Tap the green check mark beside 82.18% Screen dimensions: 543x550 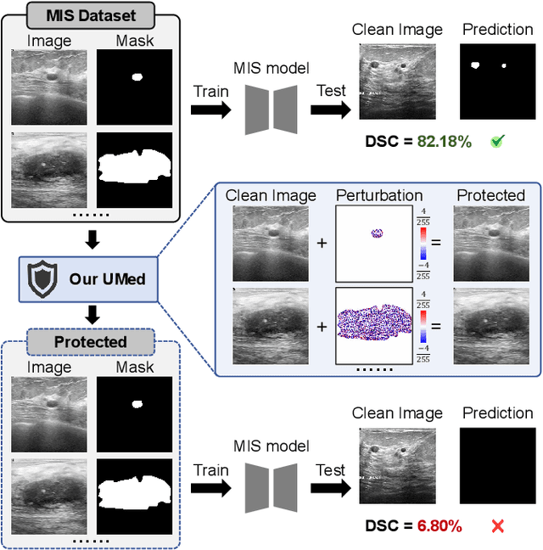click(498, 142)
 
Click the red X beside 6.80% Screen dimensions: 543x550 click(498, 526)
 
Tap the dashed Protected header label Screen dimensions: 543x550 click(90, 342)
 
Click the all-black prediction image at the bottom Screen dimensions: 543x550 click(498, 466)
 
